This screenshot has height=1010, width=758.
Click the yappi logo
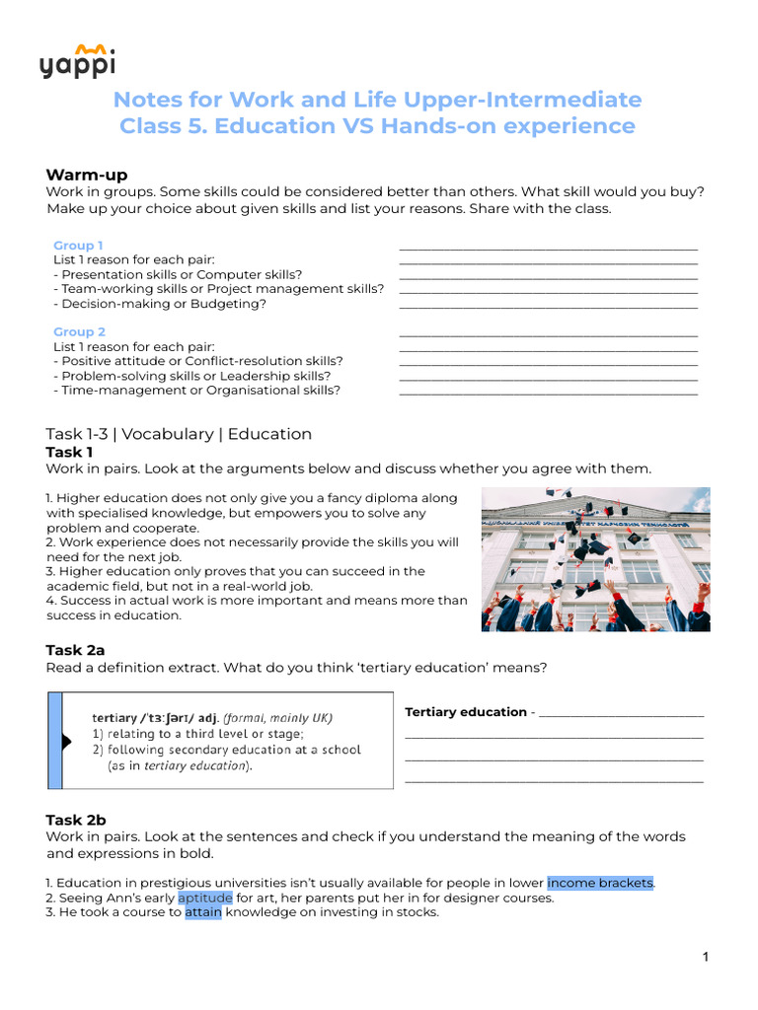point(79,61)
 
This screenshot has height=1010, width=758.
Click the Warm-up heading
point(86,175)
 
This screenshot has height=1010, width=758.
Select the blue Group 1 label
point(78,246)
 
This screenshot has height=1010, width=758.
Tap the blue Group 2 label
point(79,332)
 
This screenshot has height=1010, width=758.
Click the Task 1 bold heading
point(69,452)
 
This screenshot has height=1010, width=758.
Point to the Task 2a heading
point(75,650)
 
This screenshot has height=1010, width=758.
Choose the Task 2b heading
point(76,820)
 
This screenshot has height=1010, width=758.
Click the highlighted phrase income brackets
point(600,883)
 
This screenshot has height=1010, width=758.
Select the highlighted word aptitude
point(205,898)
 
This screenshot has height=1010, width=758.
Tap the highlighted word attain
point(203,912)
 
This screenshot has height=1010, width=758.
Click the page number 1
point(706,957)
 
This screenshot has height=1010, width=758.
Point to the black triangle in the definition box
point(67,742)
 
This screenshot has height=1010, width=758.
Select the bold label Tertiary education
point(466,712)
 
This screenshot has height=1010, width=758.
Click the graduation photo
point(595,559)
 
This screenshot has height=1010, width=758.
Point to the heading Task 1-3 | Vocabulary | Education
point(179,434)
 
